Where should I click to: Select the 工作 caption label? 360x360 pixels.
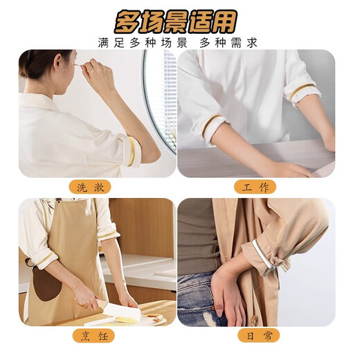click(x=255, y=187)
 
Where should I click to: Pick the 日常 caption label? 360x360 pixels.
click(x=255, y=336)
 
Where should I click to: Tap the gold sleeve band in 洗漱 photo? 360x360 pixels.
click(x=131, y=152)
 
